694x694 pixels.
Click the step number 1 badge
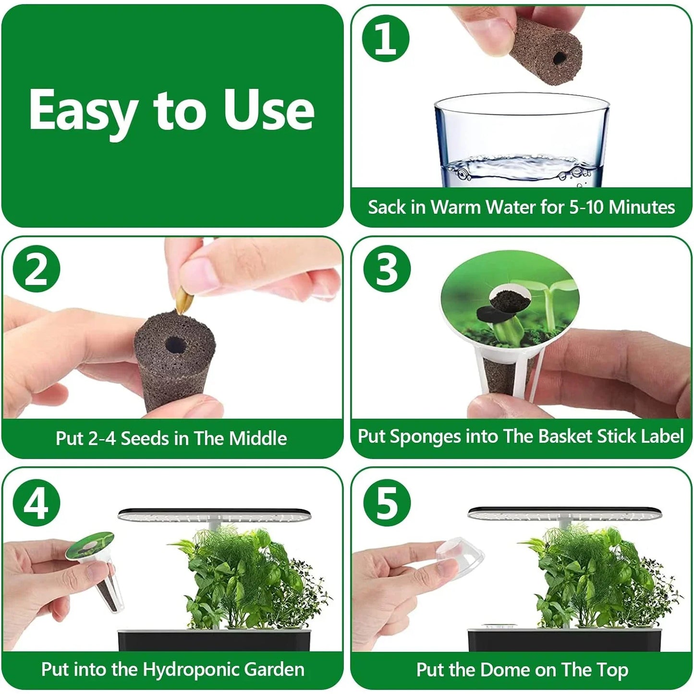pos(385,38)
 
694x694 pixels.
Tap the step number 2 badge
pos(36,269)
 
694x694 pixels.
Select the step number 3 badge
pos(387,269)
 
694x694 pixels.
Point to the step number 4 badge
pos(36,503)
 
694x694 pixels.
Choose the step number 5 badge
pos(387,503)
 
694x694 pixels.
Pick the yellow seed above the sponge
pos(184,300)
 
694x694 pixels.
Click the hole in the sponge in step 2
pos(175,344)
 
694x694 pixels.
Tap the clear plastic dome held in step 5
pos(460,556)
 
